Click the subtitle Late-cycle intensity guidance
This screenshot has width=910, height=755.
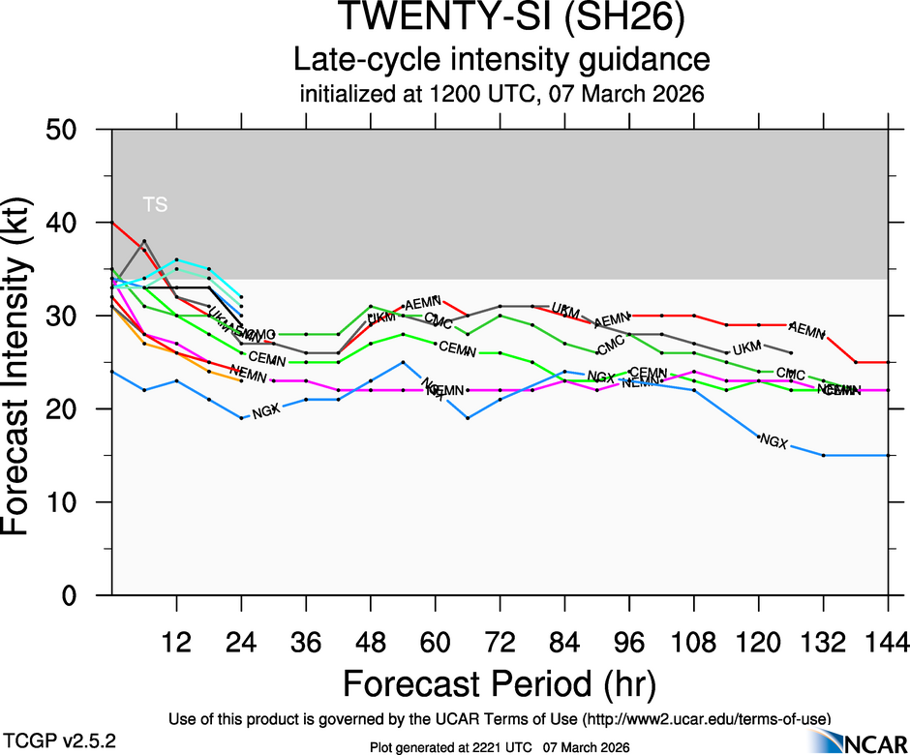pyautogui.click(x=500, y=60)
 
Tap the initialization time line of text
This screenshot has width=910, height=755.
pyautogui.click(x=500, y=95)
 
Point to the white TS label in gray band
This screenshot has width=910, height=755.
pyautogui.click(x=155, y=204)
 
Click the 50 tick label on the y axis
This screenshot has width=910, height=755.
pyautogui.click(x=71, y=130)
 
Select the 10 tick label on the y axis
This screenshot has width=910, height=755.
pyautogui.click(x=71, y=502)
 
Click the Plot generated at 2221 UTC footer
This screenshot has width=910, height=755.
pyautogui.click(x=500, y=747)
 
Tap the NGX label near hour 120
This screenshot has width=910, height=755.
pyautogui.click(x=773, y=441)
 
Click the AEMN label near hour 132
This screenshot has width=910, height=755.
pyautogui.click(x=806, y=329)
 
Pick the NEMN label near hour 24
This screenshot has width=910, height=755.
pyautogui.click(x=249, y=375)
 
